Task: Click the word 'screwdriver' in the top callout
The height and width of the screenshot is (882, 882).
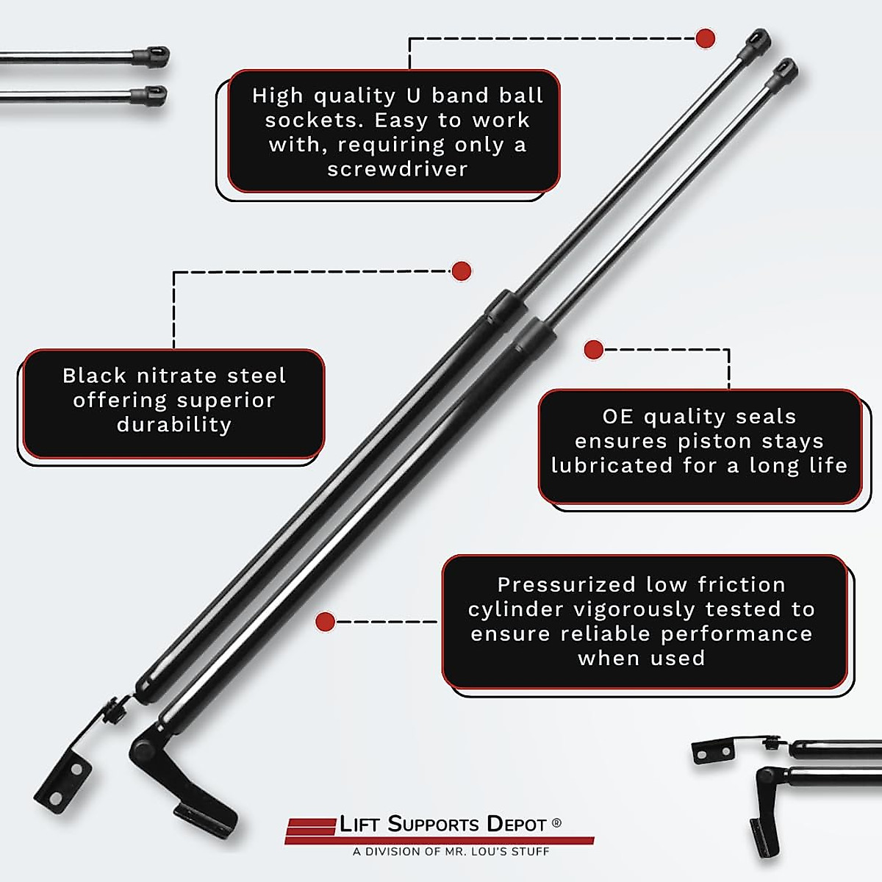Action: pos(397,169)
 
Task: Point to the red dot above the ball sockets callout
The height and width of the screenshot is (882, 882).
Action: pos(705,38)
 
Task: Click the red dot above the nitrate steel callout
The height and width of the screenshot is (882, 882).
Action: pos(461,271)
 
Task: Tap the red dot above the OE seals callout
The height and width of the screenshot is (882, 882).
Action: pos(593,350)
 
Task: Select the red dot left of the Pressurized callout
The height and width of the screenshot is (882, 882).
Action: pos(325,622)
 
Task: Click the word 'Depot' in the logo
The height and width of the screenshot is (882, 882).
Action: pos(517,825)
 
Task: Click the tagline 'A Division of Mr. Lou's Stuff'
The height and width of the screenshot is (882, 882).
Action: pos(451,852)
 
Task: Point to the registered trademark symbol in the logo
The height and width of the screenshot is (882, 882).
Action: pos(556,823)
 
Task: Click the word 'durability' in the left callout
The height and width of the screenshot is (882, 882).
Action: pos(174,425)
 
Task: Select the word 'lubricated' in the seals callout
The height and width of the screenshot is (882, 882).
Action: pos(600,466)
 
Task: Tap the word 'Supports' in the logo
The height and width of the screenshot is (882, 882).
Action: pos(433,825)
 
